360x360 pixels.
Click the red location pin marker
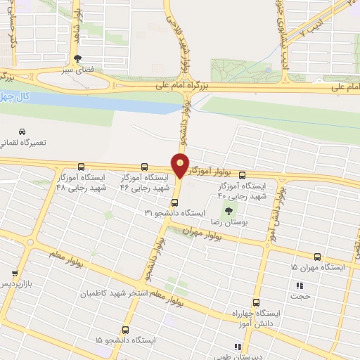[181, 165]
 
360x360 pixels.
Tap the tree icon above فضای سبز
[77, 59]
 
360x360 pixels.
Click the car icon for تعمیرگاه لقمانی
[22, 131]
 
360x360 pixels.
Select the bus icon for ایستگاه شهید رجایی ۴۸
[82, 167]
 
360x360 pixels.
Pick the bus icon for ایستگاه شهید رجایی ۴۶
[145, 167]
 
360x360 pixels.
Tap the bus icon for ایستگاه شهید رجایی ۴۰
[243, 175]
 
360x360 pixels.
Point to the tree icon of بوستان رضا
[228, 210]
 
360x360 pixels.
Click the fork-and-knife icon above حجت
[299, 285]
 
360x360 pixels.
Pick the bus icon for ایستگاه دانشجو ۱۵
[125, 329]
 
